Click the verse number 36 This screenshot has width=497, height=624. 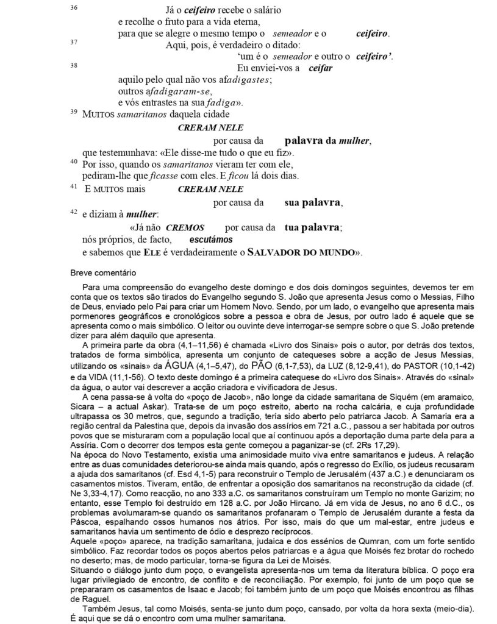[x=74, y=7]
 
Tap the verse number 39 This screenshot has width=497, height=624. [x=74, y=112]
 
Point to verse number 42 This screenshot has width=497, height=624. [x=74, y=211]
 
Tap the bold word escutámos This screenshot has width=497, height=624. [x=205, y=240]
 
